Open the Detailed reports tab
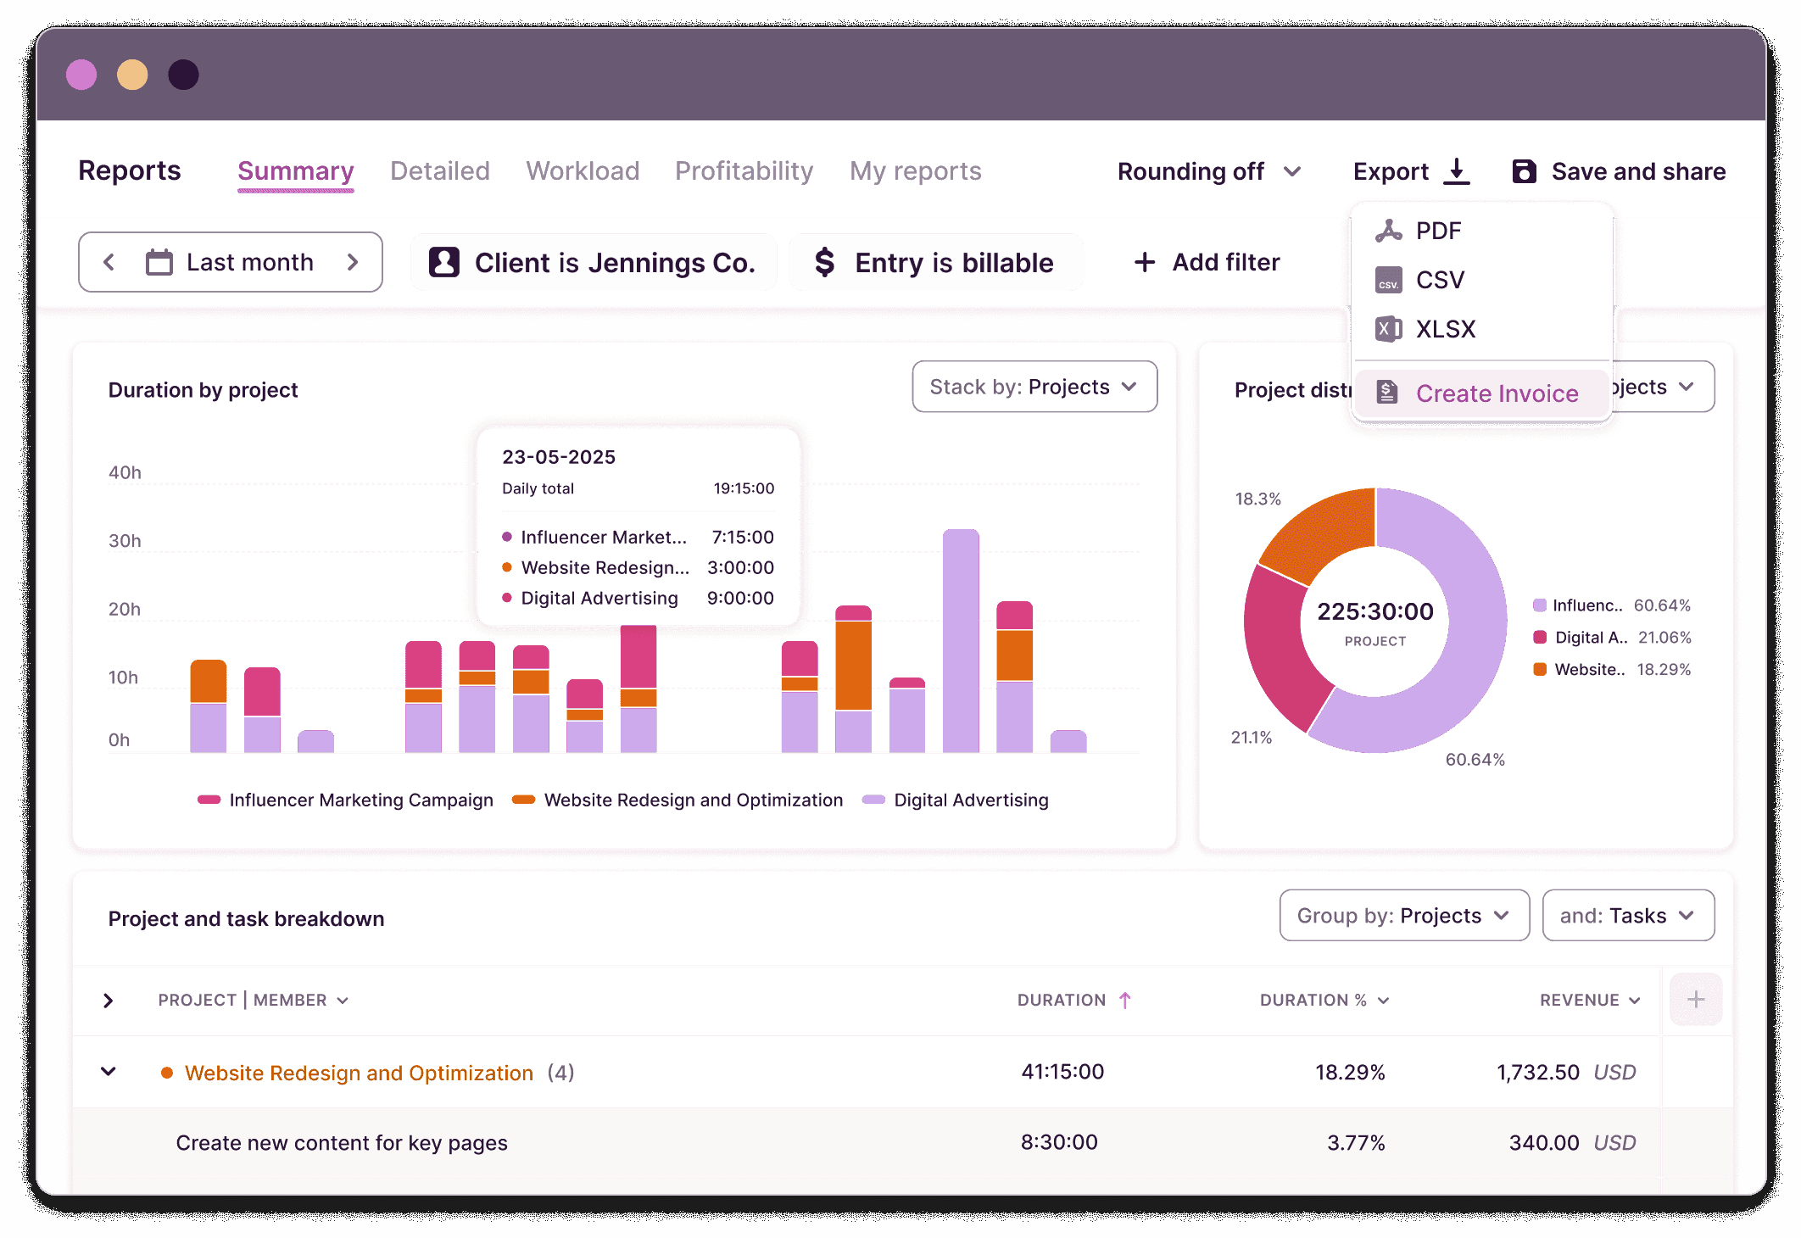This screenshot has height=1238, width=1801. (439, 171)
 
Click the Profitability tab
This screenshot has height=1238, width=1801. (744, 171)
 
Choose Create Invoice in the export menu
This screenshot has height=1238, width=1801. (1496, 393)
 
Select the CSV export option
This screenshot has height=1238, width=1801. (1439, 280)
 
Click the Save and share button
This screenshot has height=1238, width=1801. (1619, 171)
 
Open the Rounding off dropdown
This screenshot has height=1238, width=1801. (1208, 171)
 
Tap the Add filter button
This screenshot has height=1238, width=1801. (1207, 263)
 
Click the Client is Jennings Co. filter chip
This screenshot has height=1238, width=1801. (594, 263)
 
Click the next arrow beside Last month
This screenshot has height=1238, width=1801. (353, 263)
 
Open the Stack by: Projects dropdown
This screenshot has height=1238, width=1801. (1034, 388)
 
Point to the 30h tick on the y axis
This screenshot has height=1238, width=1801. (125, 541)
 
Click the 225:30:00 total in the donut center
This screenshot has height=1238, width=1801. (1374, 611)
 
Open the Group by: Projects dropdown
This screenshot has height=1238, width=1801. (1403, 916)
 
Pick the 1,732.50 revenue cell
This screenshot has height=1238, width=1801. (1537, 1073)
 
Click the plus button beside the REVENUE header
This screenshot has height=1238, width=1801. (1695, 1000)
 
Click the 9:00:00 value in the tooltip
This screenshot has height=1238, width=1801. (740, 599)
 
